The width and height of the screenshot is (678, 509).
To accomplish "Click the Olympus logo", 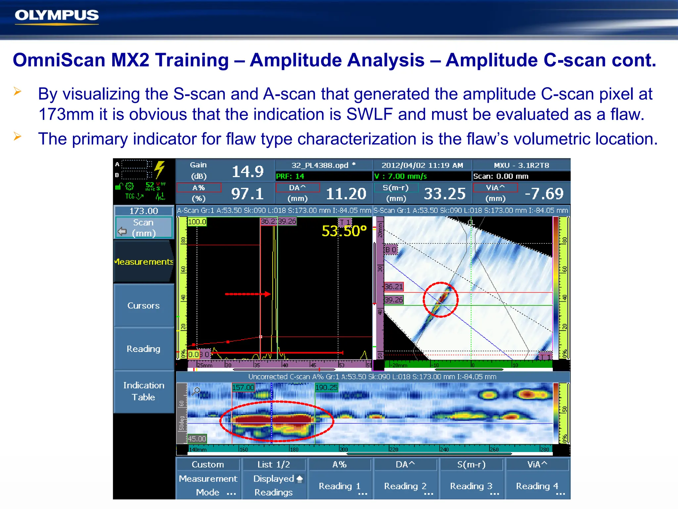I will [x=57, y=16].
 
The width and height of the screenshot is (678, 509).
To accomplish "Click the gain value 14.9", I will [x=247, y=172].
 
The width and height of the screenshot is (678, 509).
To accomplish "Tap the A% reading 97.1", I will [x=247, y=194].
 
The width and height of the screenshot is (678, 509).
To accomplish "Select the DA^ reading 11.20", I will [x=346, y=194].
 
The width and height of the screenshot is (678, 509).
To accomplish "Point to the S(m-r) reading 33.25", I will [x=445, y=194].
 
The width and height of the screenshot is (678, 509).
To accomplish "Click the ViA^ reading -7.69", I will [x=544, y=194].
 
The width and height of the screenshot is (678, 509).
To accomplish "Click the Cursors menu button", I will [x=143, y=306].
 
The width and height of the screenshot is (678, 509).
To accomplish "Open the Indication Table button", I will [x=143, y=391].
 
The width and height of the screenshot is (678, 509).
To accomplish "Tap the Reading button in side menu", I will [x=143, y=349].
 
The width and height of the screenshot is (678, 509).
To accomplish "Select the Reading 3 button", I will [x=471, y=486].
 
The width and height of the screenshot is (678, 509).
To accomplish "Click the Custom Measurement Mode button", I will [x=208, y=479].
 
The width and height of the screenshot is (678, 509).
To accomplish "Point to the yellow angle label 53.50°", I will [x=344, y=231].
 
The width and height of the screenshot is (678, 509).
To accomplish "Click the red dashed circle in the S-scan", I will [x=440, y=300].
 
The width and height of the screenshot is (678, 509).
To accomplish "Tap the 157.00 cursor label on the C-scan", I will [x=243, y=387].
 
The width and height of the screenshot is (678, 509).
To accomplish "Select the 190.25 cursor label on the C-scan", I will [x=326, y=387].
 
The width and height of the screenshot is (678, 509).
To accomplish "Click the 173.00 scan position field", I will [x=144, y=211].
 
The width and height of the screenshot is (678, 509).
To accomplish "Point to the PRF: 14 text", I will [x=290, y=176].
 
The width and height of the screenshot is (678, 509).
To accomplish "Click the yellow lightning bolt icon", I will [x=160, y=169].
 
